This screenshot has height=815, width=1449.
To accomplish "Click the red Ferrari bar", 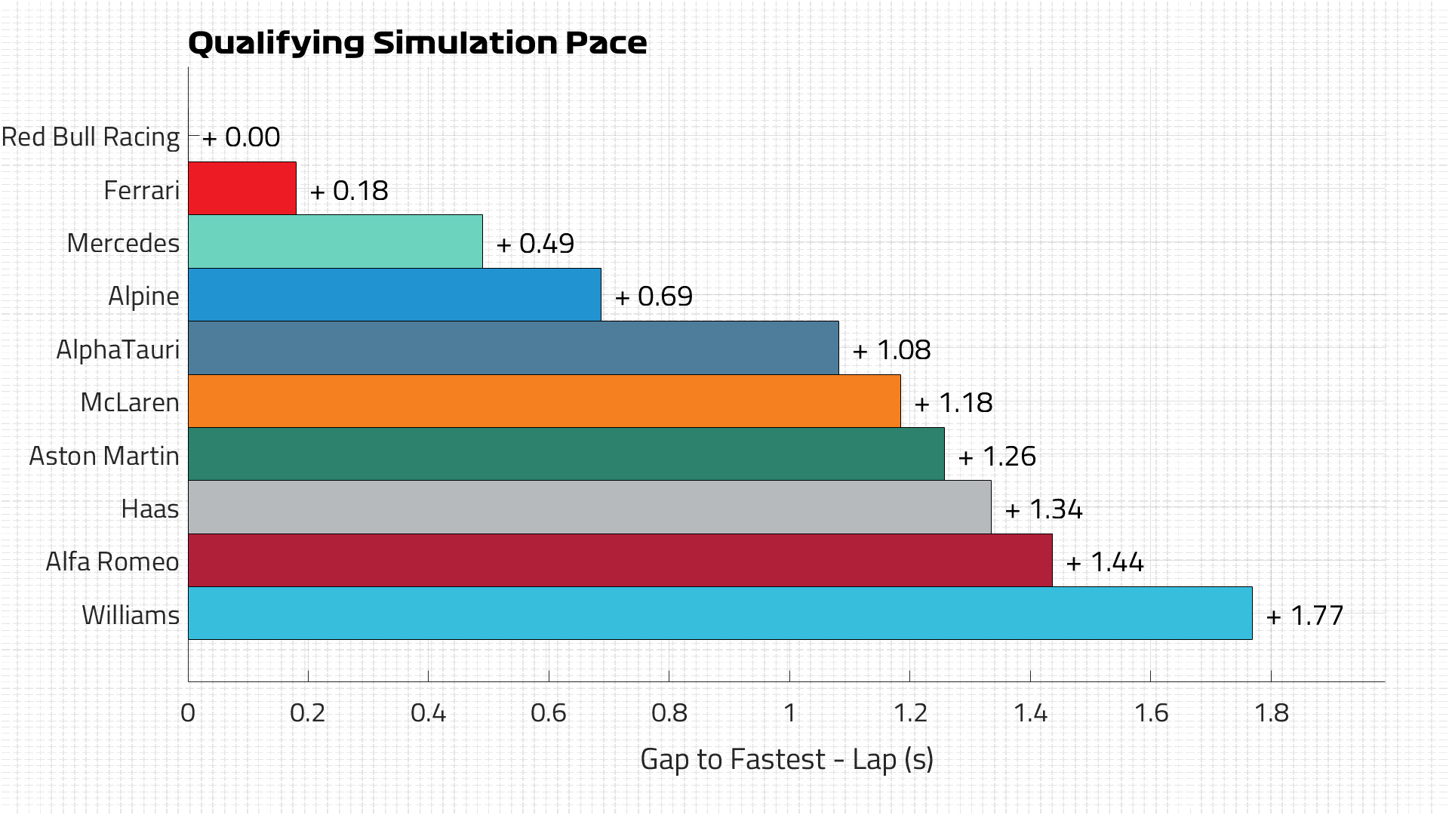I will (x=241, y=188).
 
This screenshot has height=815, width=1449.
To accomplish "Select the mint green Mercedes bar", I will (x=335, y=241).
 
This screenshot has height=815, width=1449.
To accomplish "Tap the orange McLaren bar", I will (x=543, y=401).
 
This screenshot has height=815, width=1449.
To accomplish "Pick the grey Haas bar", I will (x=589, y=507).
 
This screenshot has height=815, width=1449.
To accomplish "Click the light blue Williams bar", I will (x=719, y=614).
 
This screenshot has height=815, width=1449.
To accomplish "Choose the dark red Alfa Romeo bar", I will (x=619, y=560).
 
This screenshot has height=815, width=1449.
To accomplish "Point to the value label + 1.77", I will (x=1305, y=616).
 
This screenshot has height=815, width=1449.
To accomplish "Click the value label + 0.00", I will (x=241, y=137).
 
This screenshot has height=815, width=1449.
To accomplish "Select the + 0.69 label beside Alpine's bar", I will (x=654, y=297).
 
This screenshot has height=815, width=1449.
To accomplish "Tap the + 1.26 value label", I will (x=997, y=457).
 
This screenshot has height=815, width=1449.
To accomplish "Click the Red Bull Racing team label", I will (x=91, y=137).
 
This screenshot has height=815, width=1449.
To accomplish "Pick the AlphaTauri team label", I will (x=118, y=350).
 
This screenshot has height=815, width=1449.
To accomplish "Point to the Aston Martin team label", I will (x=104, y=457).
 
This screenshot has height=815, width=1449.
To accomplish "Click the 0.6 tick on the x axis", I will (x=549, y=712).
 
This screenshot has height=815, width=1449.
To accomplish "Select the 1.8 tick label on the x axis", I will (x=1271, y=712).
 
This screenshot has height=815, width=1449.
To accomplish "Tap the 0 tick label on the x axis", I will (x=188, y=712).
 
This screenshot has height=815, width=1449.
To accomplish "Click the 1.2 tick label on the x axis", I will (x=910, y=712).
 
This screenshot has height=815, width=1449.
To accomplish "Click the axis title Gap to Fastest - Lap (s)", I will (x=786, y=759).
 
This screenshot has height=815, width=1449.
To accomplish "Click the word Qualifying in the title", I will (x=276, y=44).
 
